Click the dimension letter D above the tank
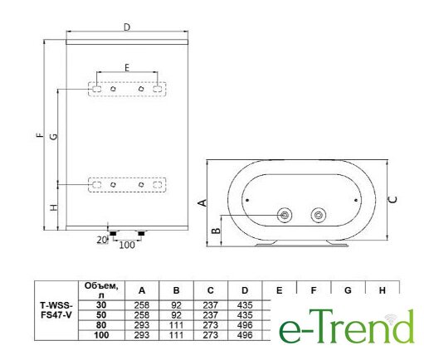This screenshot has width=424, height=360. (127, 27)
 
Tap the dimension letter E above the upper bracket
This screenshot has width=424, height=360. (127, 67)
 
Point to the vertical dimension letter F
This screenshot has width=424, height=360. (40, 135)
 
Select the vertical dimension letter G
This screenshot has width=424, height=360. (53, 137)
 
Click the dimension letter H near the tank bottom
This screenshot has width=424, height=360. (54, 207)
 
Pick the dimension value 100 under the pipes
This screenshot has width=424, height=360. (127, 245)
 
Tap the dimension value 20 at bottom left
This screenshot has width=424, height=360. (102, 240)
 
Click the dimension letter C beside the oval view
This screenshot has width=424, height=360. (393, 200)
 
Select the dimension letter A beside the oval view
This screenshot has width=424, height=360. (202, 202)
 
